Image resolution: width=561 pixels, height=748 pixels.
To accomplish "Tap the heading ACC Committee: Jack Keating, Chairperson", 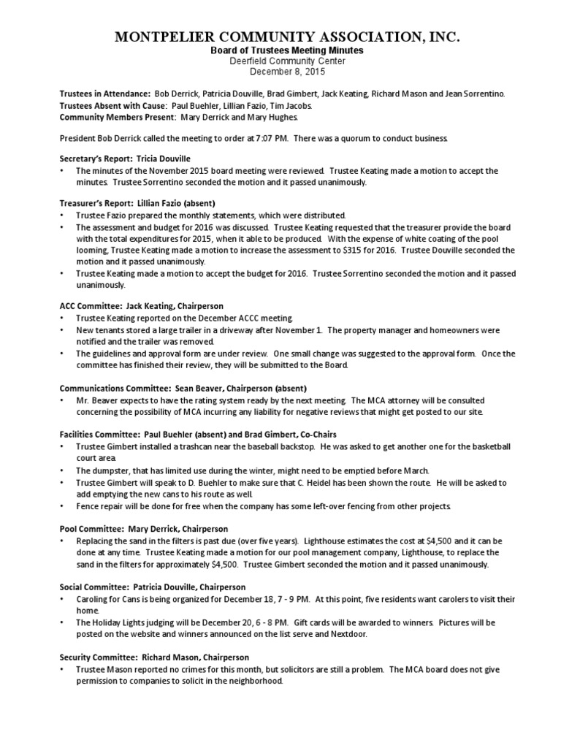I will click(x=141, y=305).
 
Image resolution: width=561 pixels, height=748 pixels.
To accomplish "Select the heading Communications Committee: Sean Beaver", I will click(x=183, y=388).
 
